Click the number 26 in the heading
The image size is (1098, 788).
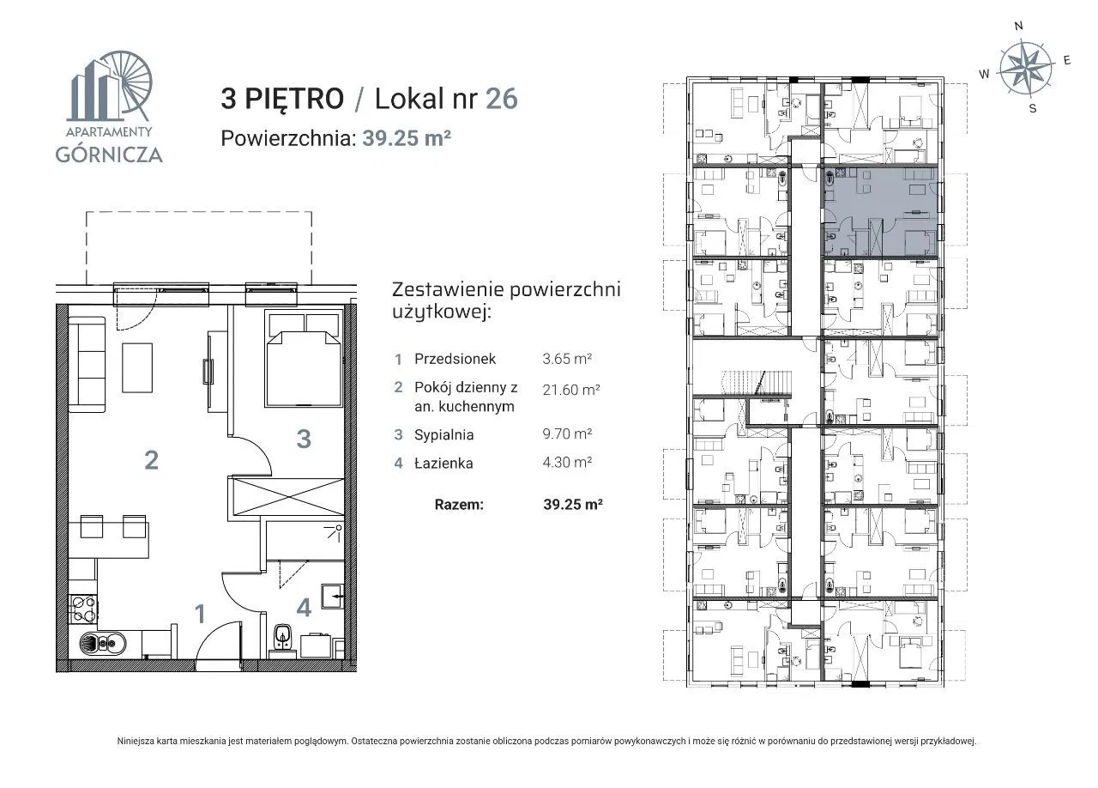click(x=502, y=99)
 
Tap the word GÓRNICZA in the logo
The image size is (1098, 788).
click(x=109, y=155)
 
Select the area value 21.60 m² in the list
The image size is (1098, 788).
click(x=571, y=390)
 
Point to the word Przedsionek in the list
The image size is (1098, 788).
click(x=455, y=359)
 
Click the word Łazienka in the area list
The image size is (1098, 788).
click(x=443, y=463)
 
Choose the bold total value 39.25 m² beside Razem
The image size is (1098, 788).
click(x=572, y=505)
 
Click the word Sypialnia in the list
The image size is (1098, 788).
click(x=444, y=435)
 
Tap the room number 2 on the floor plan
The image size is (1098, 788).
click(x=152, y=460)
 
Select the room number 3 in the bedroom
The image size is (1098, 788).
click(x=304, y=439)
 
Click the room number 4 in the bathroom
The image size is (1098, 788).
click(x=304, y=608)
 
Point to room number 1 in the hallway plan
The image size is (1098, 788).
click(x=200, y=614)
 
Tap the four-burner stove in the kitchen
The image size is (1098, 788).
click(x=83, y=609)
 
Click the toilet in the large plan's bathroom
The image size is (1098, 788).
click(x=282, y=639)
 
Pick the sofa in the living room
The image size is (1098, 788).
click(x=87, y=365)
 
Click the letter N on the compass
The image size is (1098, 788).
click(x=1018, y=26)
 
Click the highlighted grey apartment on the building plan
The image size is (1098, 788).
click(x=880, y=211)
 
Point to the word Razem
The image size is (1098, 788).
click(x=459, y=505)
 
